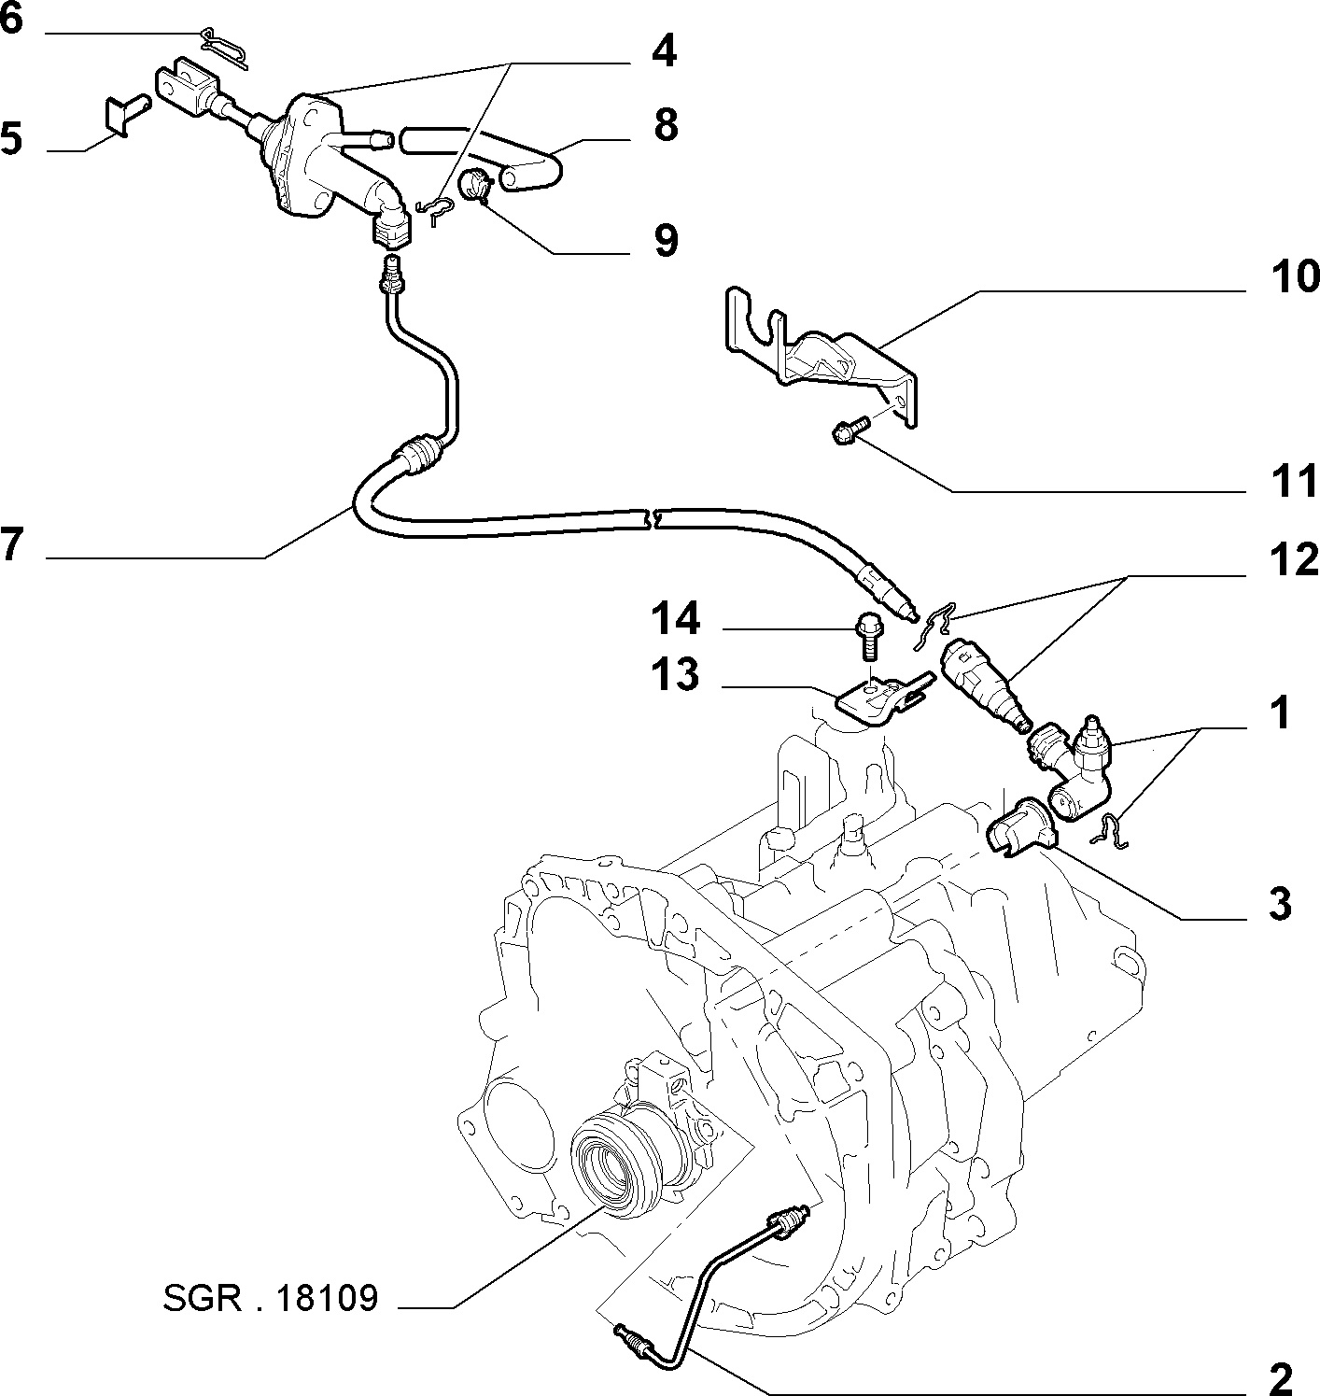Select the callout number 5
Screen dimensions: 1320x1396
(11, 138)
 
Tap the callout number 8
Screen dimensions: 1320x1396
(666, 125)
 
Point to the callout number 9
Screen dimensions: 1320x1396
(666, 241)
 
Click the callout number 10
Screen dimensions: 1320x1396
(1295, 277)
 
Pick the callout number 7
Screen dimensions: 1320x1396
(12, 543)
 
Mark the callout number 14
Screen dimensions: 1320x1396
(676, 618)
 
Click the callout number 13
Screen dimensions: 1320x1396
(675, 674)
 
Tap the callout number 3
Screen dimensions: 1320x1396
(1280, 905)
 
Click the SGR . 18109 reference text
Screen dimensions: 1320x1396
(271, 1298)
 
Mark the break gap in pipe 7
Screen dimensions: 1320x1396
(650, 518)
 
